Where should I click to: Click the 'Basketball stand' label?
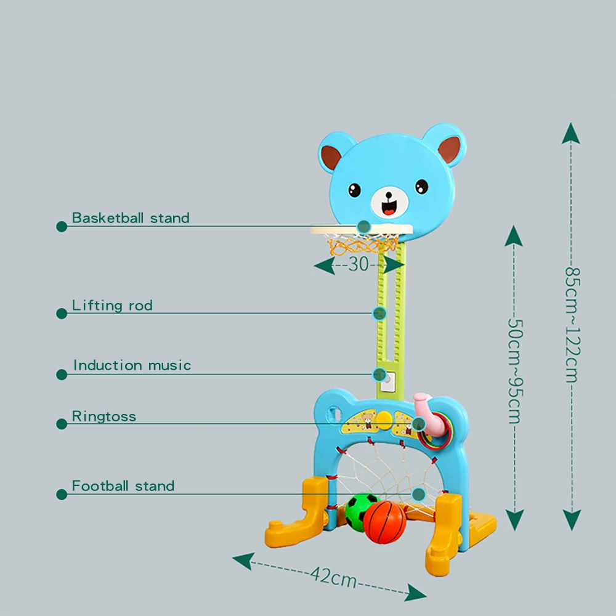(x=131, y=217)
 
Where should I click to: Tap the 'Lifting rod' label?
(x=112, y=306)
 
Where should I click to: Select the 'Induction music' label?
(x=132, y=365)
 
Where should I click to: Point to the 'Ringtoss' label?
(x=104, y=416)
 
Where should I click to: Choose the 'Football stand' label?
(x=123, y=486)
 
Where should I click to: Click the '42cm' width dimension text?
(x=333, y=577)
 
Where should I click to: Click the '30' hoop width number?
(x=358, y=264)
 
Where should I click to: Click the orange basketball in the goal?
(x=384, y=522)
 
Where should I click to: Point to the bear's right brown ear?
(x=450, y=150)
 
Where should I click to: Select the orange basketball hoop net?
(x=363, y=246)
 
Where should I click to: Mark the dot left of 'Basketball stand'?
(x=62, y=227)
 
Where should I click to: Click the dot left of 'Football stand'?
(x=62, y=495)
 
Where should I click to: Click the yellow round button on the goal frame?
(x=384, y=421)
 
